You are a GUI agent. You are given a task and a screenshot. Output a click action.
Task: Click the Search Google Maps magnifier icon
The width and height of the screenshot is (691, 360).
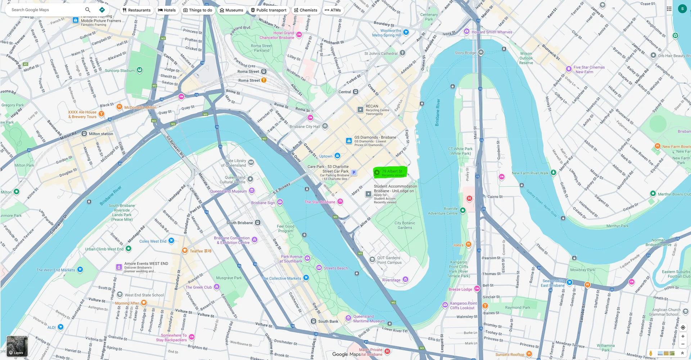pyautogui.click(x=87, y=10)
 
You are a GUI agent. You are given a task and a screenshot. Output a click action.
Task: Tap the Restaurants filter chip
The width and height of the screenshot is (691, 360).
pyautogui.click(x=136, y=10)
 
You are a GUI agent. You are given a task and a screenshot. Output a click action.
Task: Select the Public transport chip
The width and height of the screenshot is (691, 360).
pyautogui.click(x=268, y=10)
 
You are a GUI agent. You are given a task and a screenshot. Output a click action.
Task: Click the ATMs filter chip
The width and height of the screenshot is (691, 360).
pyautogui.click(x=333, y=10)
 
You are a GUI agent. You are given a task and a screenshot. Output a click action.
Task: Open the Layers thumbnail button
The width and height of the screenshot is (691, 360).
pyautogui.click(x=17, y=346)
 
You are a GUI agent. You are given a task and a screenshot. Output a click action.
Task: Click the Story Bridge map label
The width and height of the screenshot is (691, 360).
pyautogui.click(x=465, y=53)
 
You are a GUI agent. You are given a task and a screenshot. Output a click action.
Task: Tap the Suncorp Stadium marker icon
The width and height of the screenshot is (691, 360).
pyautogui.click(x=140, y=70)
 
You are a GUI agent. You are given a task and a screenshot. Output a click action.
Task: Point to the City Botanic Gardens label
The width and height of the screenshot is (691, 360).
pyautogui.click(x=405, y=225)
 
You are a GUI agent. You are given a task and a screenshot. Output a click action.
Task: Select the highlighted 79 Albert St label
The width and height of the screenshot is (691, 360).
pyautogui.click(x=392, y=172)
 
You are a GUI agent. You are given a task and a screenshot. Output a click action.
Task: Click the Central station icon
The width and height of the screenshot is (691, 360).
pyautogui.click(x=356, y=92)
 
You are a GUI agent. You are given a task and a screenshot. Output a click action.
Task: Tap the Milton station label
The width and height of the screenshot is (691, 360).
pyautogui.click(x=101, y=134)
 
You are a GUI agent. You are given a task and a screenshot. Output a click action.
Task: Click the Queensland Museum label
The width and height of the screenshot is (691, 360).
pyautogui.click(x=229, y=192)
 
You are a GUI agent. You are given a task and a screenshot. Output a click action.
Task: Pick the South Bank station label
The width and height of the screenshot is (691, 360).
pyautogui.click(x=328, y=321)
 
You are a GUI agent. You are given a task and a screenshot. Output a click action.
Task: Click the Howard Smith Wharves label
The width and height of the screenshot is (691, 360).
pyautogui.click(x=492, y=32)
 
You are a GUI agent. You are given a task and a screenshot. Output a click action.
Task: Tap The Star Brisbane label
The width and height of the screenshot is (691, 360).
pyautogui.click(x=320, y=202)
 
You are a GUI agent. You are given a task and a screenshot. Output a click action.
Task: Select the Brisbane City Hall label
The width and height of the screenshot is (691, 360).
pyautogui.click(x=304, y=127)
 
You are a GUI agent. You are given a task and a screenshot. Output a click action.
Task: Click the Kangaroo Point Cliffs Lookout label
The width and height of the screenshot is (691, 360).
pyautogui.click(x=463, y=306)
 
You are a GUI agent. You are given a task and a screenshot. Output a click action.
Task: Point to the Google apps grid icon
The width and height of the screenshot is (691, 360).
pyautogui.click(x=669, y=9)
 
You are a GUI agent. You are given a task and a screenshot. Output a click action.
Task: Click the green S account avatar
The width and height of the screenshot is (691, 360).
pyautogui.click(x=682, y=9)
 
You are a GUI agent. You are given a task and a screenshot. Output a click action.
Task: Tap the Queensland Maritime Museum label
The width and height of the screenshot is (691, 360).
pyautogui.click(x=369, y=319)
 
